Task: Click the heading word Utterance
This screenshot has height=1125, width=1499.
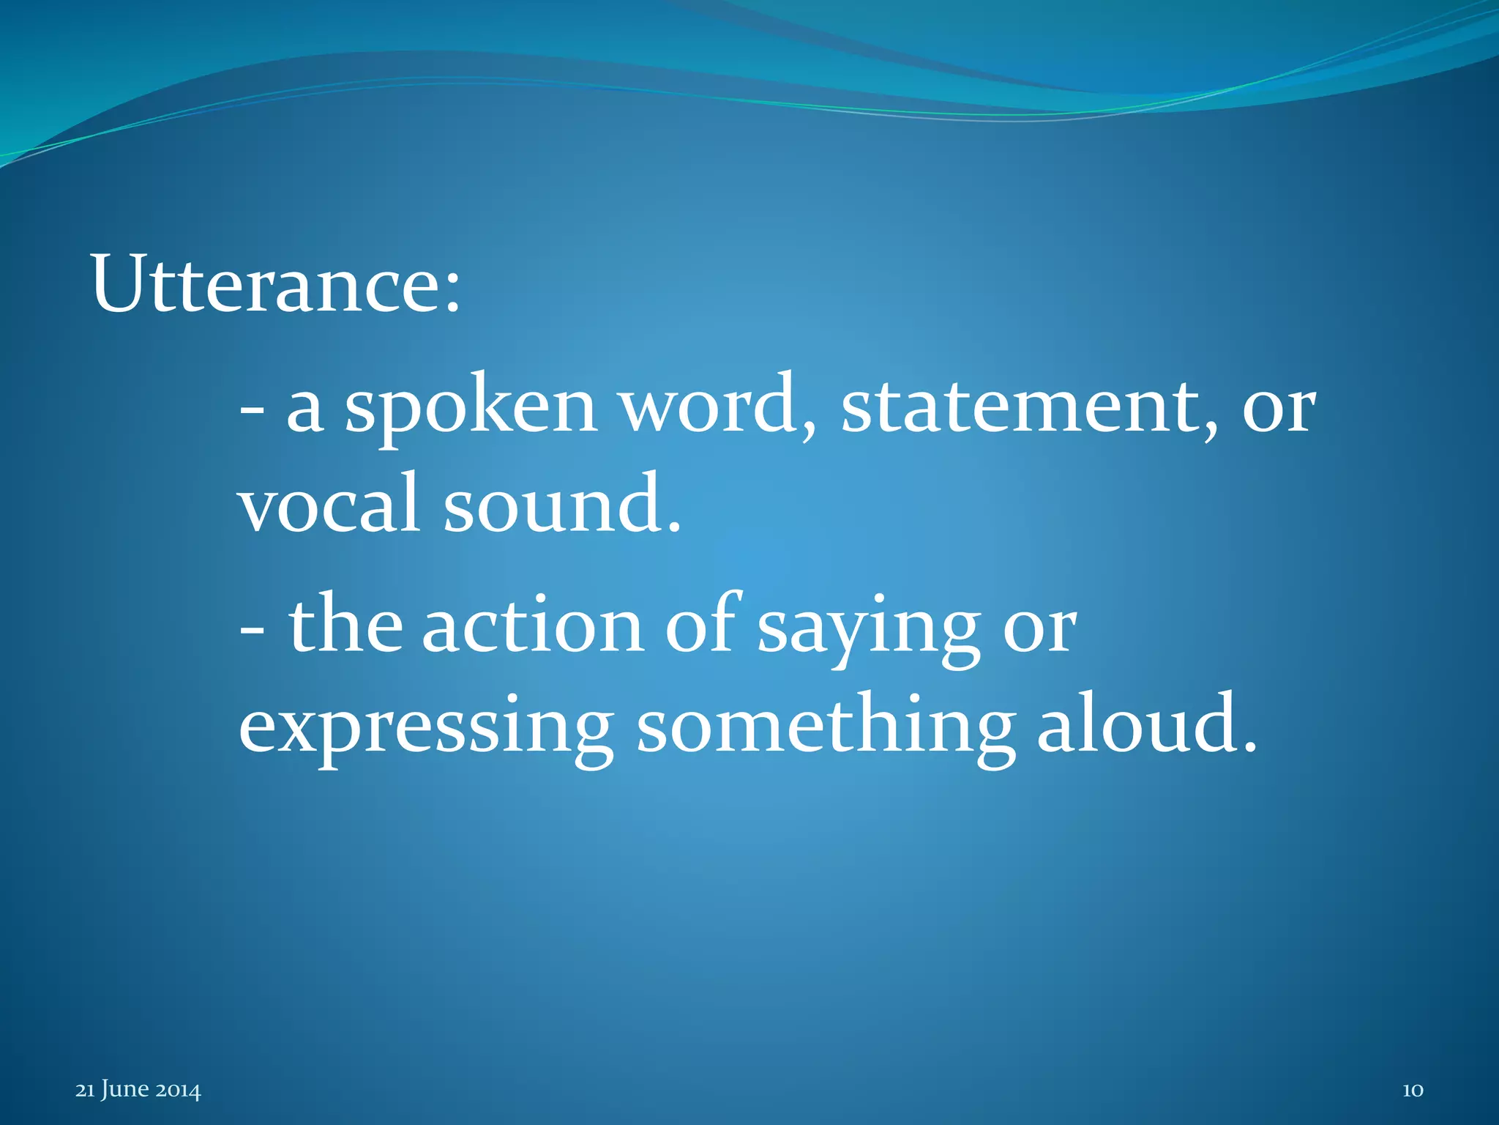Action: [x=267, y=285]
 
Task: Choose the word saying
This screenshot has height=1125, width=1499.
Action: [x=868, y=630]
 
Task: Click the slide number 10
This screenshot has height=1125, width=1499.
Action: [x=1412, y=1090]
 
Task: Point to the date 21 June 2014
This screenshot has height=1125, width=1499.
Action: [x=138, y=1090]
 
